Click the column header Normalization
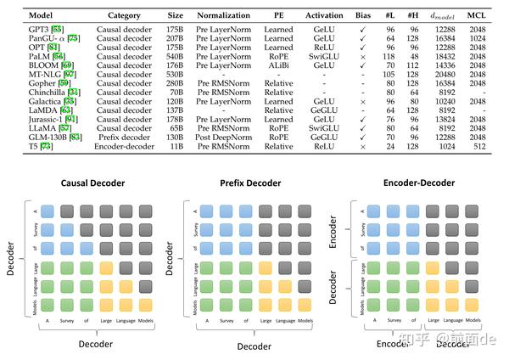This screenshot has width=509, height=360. click(x=222, y=14)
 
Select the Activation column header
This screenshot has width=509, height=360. click(x=323, y=14)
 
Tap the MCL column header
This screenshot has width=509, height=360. click(x=477, y=14)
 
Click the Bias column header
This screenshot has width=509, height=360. click(x=364, y=14)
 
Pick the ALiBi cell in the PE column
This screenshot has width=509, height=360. click(x=278, y=64)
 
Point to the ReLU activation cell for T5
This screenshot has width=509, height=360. click(x=323, y=145)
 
